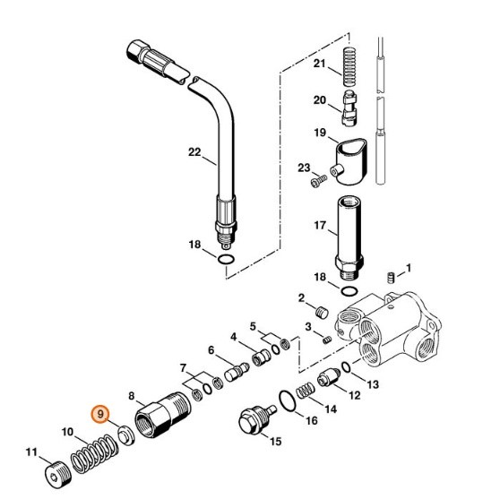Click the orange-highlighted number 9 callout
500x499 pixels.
[x=101, y=414]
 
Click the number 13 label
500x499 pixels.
[x=374, y=384]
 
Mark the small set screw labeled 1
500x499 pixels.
[x=389, y=277]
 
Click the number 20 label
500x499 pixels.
[x=320, y=100]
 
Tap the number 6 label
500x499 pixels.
[x=211, y=350]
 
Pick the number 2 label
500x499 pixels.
[x=302, y=297]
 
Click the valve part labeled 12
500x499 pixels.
[x=330, y=379]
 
